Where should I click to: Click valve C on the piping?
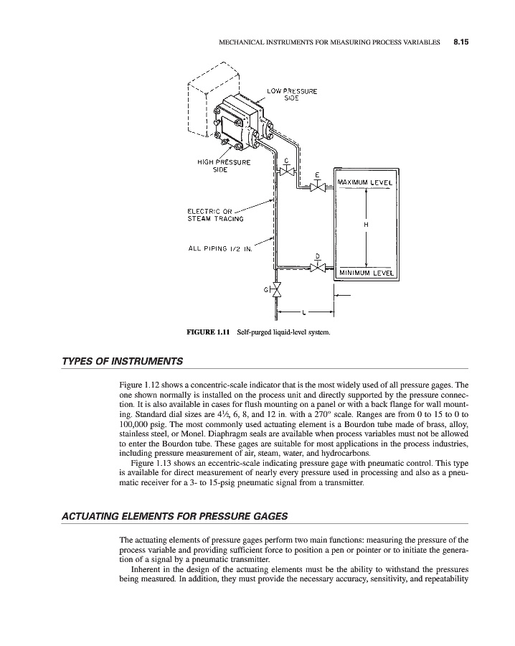pos(286,173)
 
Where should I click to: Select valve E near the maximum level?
pos(317,187)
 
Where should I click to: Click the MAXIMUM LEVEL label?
pos(366,182)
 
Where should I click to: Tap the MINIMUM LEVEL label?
pos(366,273)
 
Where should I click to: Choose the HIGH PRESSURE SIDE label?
pos(223,166)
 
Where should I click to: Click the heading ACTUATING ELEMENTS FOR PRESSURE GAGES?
pos(167,516)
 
